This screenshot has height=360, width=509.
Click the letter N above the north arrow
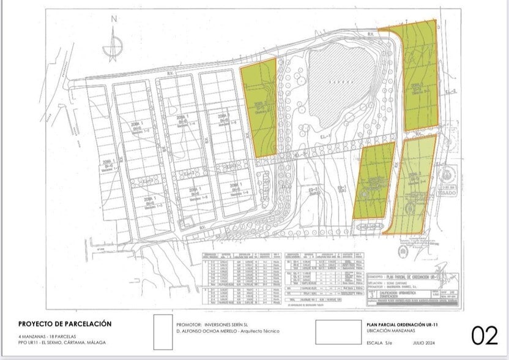tap(113, 19)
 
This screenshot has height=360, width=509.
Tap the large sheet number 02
tap(485, 335)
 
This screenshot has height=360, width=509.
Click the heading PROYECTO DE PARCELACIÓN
tap(65, 324)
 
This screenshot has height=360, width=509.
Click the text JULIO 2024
tap(423, 342)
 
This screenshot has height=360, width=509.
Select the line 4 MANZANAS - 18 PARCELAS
tap(43, 336)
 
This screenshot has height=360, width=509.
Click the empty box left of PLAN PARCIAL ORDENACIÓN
tap(338, 332)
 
